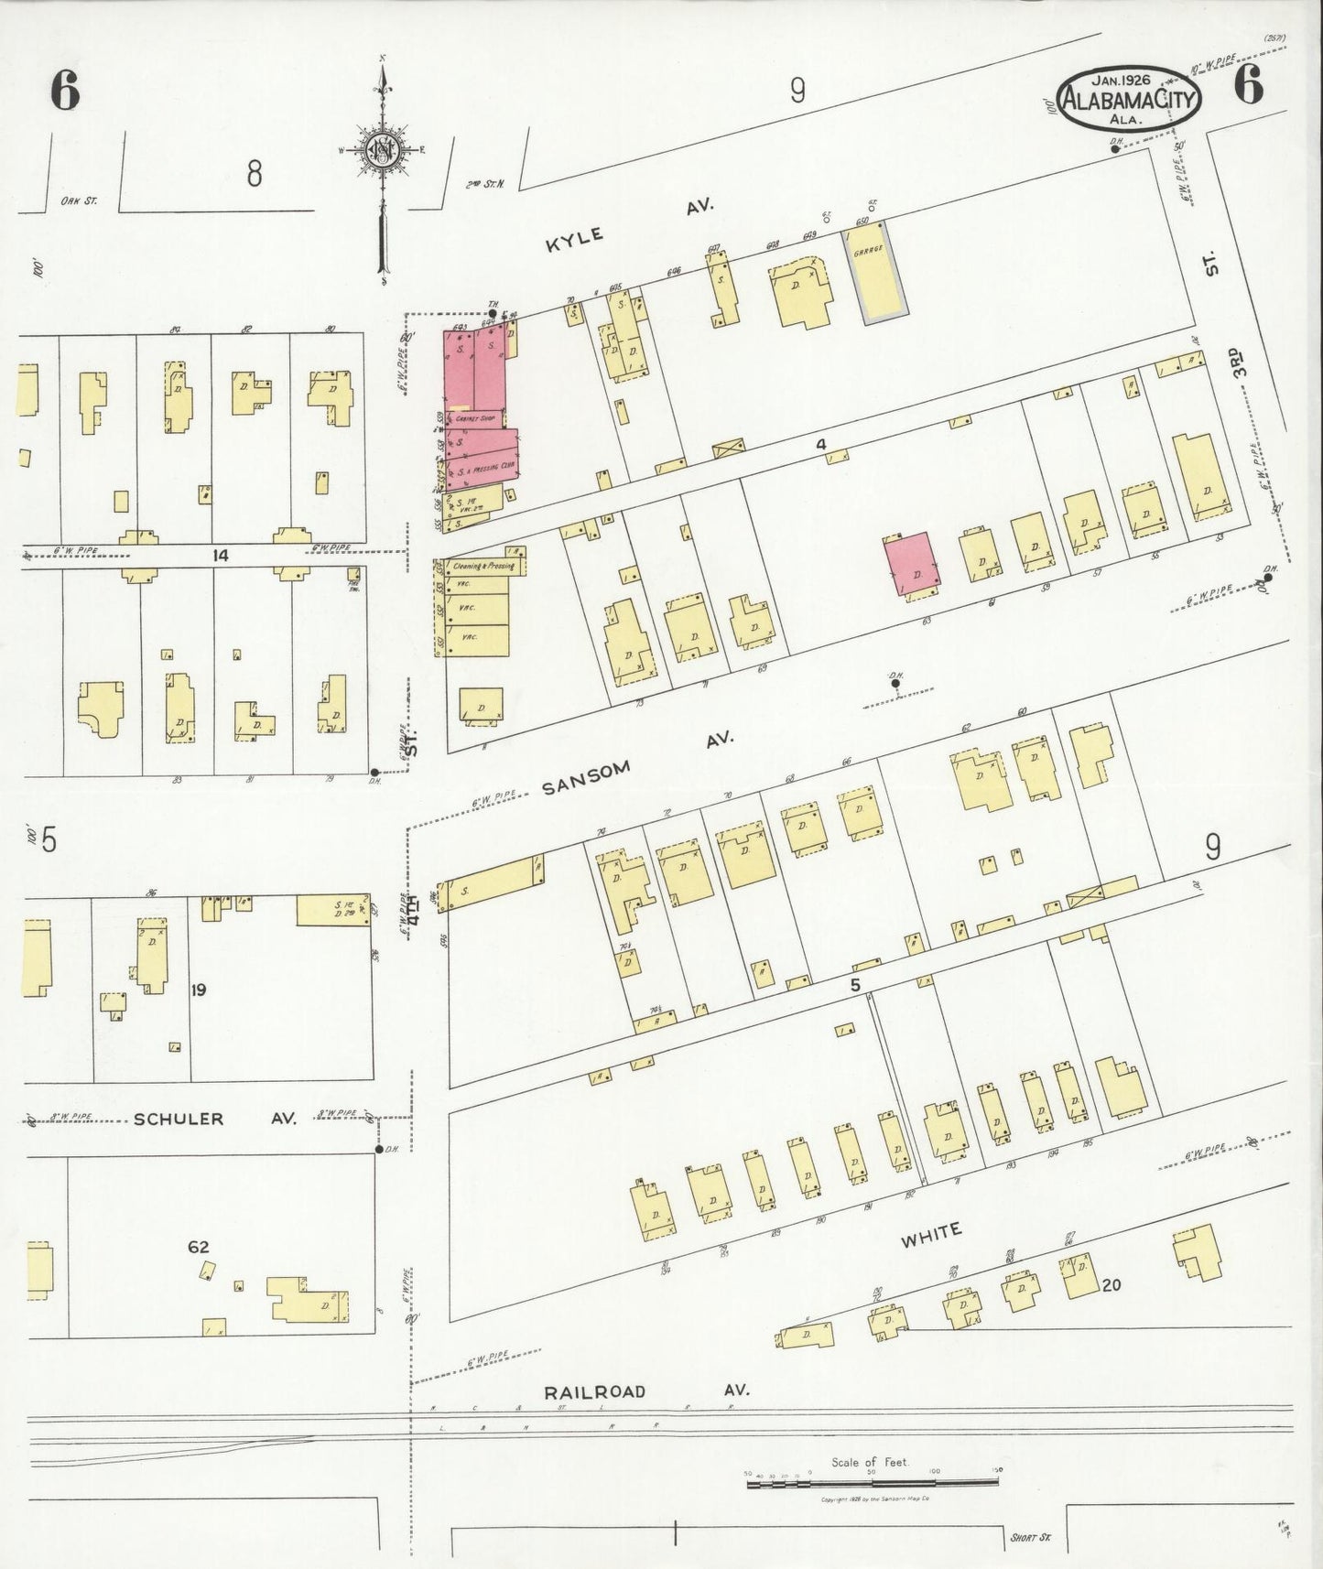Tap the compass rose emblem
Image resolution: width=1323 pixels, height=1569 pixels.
(x=382, y=150)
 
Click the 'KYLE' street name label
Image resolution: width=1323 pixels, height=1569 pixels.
(x=575, y=238)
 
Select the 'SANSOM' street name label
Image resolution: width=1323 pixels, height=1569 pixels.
(x=587, y=779)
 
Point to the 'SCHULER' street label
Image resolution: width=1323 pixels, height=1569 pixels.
(x=179, y=1119)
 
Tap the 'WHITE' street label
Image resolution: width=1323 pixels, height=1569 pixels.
(x=930, y=1236)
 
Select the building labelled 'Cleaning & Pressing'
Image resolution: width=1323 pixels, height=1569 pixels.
(x=474, y=567)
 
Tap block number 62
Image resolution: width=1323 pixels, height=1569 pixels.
(x=199, y=1247)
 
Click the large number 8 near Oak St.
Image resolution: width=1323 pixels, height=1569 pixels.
(x=254, y=172)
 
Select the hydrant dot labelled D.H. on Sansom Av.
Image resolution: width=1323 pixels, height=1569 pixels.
(x=895, y=683)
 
